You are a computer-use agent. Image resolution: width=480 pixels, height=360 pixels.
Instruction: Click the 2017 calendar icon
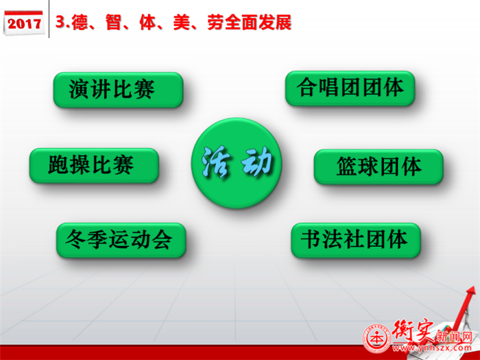pyautogui.click(x=24, y=23)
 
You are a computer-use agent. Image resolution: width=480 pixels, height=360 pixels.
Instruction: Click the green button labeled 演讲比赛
pyautogui.click(x=119, y=90)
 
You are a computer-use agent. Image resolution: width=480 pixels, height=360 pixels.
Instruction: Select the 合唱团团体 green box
pyautogui.click(x=350, y=88)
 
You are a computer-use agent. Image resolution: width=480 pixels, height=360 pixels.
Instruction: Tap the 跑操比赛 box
pyautogui.click(x=95, y=166)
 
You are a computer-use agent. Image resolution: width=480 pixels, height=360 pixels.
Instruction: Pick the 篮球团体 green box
pyautogui.click(x=379, y=167)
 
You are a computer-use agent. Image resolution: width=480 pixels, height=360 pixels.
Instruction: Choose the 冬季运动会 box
pyautogui.click(x=121, y=240)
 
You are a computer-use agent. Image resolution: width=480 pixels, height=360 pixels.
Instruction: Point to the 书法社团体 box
pyautogui.click(x=356, y=240)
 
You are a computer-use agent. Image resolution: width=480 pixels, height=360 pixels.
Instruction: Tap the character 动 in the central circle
pyautogui.click(x=256, y=161)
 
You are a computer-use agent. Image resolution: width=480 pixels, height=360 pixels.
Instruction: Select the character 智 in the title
pyautogui.click(x=114, y=23)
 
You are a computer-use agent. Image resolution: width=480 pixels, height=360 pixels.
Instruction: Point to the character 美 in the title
pyautogui.click(x=182, y=23)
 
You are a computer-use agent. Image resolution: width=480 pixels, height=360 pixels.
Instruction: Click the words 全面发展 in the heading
pyautogui.click(x=258, y=23)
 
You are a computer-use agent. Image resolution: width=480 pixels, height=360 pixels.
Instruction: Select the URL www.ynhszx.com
pyautogui.click(x=432, y=348)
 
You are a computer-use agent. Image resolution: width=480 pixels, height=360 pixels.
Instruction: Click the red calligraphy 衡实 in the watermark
pyautogui.click(x=412, y=331)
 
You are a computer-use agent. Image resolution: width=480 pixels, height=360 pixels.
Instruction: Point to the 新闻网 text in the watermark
pyautogui.click(x=455, y=337)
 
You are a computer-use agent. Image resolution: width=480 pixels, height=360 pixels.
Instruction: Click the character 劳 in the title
pyautogui.click(x=215, y=23)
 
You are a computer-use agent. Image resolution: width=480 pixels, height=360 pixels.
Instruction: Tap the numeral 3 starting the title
pyautogui.click(x=61, y=22)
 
